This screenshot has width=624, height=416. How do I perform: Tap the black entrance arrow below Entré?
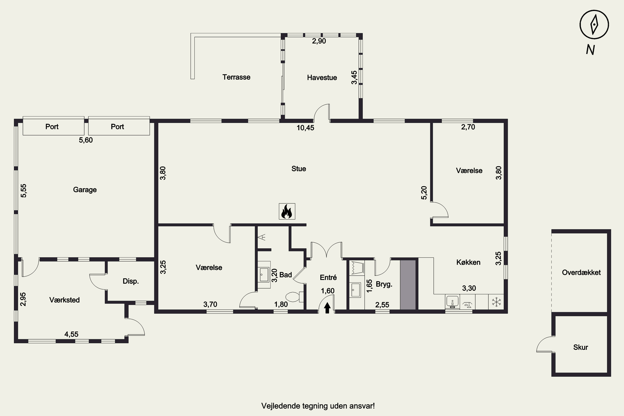[x=327, y=308]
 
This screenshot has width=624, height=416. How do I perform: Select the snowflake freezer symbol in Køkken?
[x=496, y=302]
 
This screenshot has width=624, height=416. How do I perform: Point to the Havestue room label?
[x=322, y=77]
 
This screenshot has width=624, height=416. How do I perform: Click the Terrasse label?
[x=236, y=77]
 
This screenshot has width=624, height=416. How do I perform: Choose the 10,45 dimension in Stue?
[x=305, y=128]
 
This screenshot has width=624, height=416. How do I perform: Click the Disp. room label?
[x=131, y=281]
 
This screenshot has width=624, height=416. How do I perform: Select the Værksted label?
[x=64, y=300]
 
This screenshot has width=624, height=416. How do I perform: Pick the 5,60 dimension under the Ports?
[x=86, y=140]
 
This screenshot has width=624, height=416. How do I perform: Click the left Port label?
[x=52, y=126]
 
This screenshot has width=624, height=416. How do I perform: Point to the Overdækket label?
[x=581, y=272]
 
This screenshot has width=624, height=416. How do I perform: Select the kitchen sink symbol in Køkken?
[x=452, y=302]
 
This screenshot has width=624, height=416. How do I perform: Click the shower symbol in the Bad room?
[x=263, y=237]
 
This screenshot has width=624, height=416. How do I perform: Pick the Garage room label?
[x=85, y=190]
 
